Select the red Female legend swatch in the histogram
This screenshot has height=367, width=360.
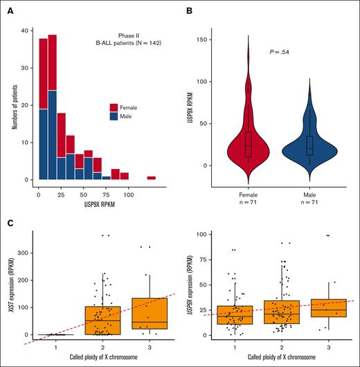click(114, 107)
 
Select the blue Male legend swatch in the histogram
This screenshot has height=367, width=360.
click(114, 117)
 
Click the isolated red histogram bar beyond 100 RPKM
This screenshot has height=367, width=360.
click(151, 178)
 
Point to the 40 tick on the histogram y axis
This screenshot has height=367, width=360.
click(24, 31)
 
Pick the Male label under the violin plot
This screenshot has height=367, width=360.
click(309, 195)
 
